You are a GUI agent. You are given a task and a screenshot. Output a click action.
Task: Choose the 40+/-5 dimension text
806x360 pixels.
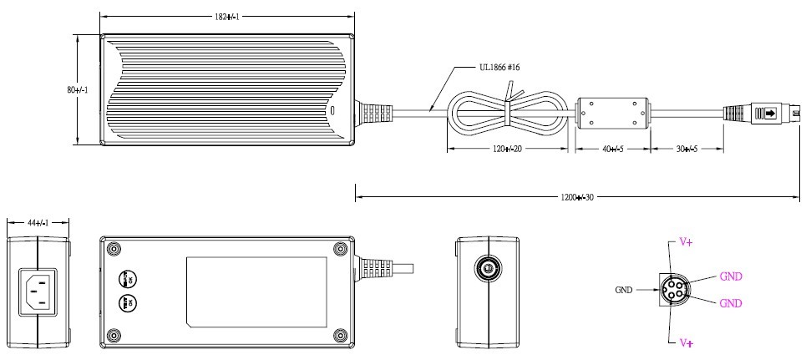(x=612, y=149)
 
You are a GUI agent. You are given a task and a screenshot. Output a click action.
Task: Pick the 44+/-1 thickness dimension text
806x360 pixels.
(x=38, y=223)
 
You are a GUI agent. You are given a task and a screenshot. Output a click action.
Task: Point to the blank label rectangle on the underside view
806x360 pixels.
(x=256, y=292)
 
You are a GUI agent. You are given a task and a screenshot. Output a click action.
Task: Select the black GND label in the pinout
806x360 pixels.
(x=623, y=290)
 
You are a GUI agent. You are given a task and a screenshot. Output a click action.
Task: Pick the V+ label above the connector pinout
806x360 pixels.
(x=686, y=241)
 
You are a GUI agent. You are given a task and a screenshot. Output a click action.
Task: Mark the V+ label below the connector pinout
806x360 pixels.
(x=686, y=342)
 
